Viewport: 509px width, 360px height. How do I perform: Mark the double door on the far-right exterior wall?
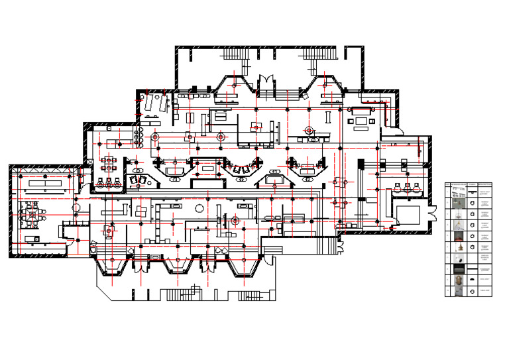pos(435,212)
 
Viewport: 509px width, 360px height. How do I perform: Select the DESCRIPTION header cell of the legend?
pos(486,184)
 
